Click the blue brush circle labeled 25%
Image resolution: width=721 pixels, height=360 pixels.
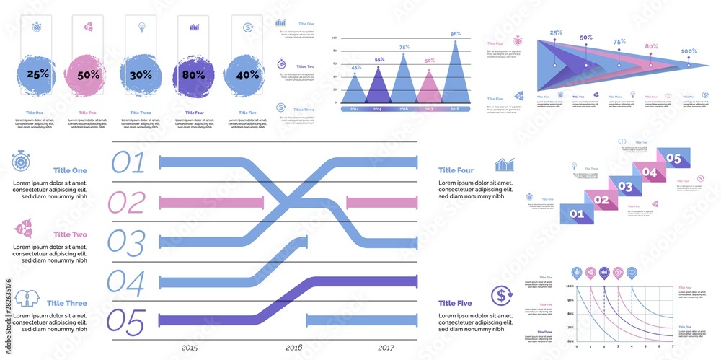38,74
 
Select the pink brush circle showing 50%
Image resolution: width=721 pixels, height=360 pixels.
88,74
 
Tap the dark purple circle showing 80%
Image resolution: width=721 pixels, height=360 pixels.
194,74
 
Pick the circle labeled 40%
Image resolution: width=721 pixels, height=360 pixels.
247,74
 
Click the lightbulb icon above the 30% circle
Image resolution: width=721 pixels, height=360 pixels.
141,27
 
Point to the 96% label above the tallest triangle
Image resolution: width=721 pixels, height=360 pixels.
456,34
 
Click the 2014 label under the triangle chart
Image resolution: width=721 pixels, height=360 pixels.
354,109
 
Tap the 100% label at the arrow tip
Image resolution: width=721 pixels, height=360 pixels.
689,51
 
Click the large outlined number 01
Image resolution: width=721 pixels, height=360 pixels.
128,162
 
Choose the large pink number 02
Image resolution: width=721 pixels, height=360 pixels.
127,203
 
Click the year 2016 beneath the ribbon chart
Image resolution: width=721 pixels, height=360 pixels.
294,348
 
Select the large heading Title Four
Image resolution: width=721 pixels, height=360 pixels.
456,170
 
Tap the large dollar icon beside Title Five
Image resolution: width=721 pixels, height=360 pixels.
501,295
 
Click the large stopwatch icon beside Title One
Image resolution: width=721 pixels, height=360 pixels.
22,162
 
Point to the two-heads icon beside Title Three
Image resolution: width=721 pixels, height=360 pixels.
23,297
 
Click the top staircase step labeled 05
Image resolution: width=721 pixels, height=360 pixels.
673,158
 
